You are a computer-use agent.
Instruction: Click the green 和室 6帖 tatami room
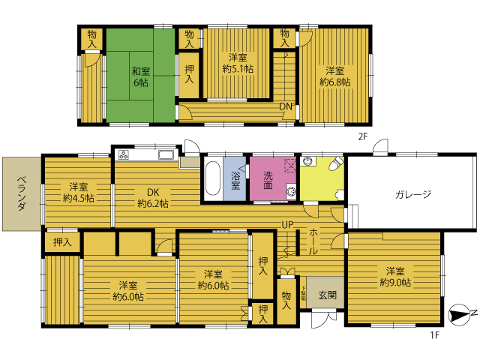coord(140,76)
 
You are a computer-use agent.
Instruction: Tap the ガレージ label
coord(413,194)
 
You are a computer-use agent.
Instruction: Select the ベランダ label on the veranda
coord(21,193)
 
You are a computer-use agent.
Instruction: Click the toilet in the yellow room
coord(337,163)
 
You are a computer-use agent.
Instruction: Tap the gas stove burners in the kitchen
coord(124,155)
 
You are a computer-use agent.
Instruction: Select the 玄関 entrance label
coord(328,295)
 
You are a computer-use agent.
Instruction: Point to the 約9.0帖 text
coord(395,282)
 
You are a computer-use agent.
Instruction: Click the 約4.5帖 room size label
coord(78,198)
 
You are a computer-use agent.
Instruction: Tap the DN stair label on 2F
coord(286,106)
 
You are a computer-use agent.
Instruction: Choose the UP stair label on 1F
coord(287,225)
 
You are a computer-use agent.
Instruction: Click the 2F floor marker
coord(362,136)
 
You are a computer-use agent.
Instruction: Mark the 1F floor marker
coord(435,335)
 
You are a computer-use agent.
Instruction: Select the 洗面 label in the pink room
coord(268,180)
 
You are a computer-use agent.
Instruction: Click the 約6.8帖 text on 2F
coord(335,82)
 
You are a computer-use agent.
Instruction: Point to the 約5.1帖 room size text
coord(238,69)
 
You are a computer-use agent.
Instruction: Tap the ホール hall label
coord(313,241)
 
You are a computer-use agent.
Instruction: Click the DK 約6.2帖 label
coord(153,198)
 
